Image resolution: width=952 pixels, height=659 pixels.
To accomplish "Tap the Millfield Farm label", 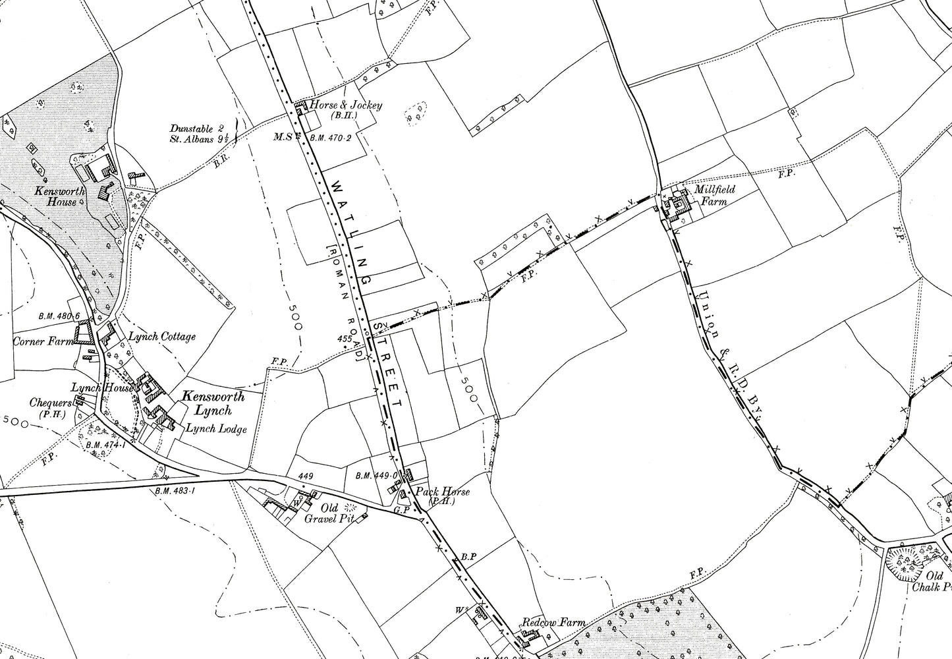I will point(714,196).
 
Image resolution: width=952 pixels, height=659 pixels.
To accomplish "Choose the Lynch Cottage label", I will point(161,337).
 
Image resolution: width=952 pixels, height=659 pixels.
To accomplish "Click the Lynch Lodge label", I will point(215,429).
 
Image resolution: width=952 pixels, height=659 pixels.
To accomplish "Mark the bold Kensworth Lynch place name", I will point(204,403).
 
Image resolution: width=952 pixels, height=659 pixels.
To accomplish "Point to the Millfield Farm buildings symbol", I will point(677,204).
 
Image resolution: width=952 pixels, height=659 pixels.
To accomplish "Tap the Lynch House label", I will point(102,389).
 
